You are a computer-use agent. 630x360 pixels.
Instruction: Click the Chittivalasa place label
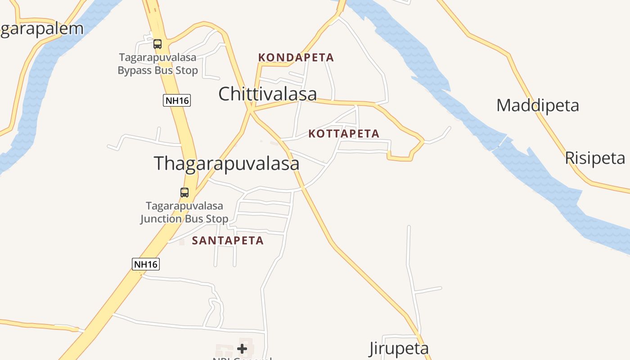tap(267, 94)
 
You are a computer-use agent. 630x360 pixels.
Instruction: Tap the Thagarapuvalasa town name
tap(226, 163)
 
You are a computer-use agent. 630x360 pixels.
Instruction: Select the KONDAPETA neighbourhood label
tap(296, 58)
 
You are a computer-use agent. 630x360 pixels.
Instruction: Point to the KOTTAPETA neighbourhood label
tap(344, 134)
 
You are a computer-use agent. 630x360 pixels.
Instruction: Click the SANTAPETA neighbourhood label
tap(228, 241)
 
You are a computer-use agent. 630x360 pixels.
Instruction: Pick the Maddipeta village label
tap(537, 106)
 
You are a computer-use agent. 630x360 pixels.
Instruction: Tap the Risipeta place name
tap(594, 158)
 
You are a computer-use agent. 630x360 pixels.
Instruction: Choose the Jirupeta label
tap(399, 348)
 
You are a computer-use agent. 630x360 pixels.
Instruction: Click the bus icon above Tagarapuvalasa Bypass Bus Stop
tap(157, 44)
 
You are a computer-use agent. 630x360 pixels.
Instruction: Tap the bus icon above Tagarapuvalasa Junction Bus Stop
tap(184, 193)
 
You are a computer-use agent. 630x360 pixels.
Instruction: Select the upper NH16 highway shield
tap(176, 100)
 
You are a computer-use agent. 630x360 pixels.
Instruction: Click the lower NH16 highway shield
tap(145, 264)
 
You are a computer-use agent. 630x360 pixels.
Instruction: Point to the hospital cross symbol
tap(242, 348)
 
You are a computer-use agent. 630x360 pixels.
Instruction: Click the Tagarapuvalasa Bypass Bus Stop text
tap(157, 64)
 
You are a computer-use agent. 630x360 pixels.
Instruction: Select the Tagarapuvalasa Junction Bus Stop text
tap(184, 212)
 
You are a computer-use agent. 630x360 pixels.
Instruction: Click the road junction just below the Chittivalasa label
tap(251, 109)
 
